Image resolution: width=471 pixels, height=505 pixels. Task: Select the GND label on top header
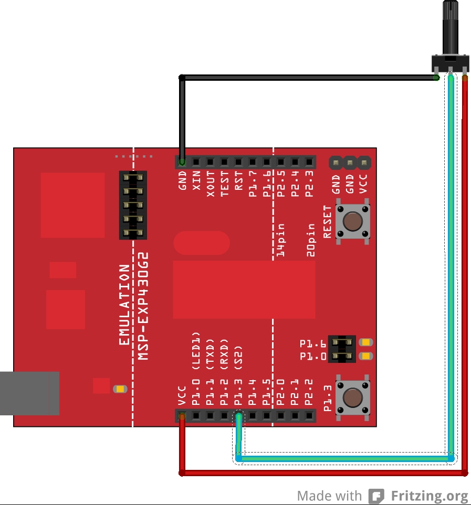point(183,180)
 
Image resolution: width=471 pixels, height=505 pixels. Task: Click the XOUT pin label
point(211,184)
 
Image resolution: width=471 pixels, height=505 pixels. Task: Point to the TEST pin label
point(225,184)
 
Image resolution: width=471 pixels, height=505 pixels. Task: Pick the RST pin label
point(239,181)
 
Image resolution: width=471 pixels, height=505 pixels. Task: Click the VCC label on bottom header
point(182,396)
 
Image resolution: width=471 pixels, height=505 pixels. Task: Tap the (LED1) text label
point(196,349)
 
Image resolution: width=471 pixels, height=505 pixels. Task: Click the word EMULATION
point(124,305)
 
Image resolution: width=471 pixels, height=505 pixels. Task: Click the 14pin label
point(281,240)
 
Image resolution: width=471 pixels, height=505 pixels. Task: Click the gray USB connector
point(29,393)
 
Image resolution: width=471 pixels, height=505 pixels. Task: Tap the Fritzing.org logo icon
point(376,496)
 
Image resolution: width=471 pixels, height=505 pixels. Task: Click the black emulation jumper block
point(133,205)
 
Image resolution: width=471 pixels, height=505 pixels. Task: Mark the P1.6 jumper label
point(313,344)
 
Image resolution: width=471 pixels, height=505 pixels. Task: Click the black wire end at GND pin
point(182,162)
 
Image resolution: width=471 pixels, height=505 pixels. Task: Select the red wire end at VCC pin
point(182,417)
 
